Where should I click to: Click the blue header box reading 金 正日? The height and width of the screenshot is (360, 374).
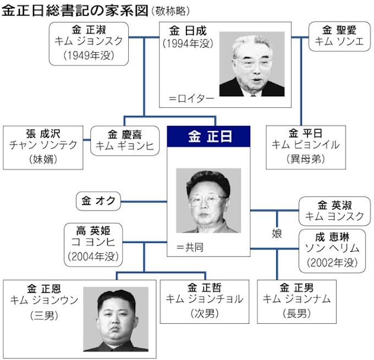pyautogui.click(x=209, y=137)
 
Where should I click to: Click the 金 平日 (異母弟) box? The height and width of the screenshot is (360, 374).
pyautogui.click(x=305, y=146)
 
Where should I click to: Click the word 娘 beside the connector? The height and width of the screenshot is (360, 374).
pyautogui.click(x=277, y=234)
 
